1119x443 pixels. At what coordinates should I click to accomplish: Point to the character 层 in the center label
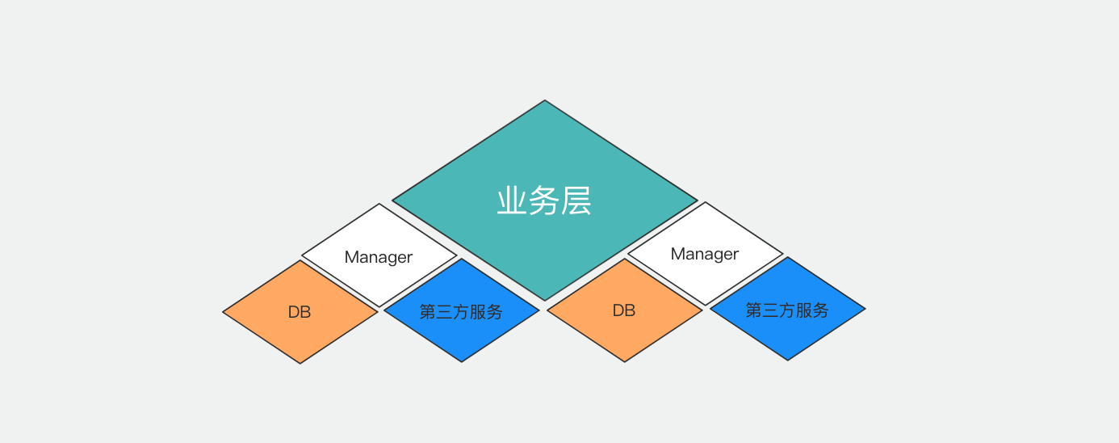pyautogui.click(x=576, y=201)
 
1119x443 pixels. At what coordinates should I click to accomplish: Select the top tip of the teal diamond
pyautogui.click(x=545, y=101)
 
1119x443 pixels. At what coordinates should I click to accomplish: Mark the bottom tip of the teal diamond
pyautogui.click(x=545, y=300)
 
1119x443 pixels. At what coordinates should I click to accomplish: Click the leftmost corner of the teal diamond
pyautogui.click(x=393, y=200)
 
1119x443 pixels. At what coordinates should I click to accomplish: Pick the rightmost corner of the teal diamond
pyautogui.click(x=697, y=200)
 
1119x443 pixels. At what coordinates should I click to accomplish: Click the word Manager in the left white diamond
pyautogui.click(x=379, y=257)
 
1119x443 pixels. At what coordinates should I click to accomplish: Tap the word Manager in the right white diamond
pyautogui.click(x=705, y=254)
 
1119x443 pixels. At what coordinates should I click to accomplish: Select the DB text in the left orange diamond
pyautogui.click(x=300, y=312)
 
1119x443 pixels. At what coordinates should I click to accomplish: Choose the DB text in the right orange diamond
pyautogui.click(x=624, y=310)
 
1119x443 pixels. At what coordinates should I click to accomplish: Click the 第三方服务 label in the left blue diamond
pyautogui.click(x=461, y=311)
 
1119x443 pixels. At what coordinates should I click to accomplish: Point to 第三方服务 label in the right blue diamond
pyautogui.click(x=787, y=310)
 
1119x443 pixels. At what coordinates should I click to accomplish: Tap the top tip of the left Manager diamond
pyautogui.click(x=379, y=205)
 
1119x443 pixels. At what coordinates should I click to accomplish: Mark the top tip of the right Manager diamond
pyautogui.click(x=706, y=203)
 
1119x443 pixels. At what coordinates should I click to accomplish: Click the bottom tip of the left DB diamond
pyautogui.click(x=300, y=363)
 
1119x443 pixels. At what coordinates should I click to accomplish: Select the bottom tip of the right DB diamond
pyautogui.click(x=625, y=361)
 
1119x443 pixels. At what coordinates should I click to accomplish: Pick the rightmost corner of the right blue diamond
pyautogui.click(x=865, y=309)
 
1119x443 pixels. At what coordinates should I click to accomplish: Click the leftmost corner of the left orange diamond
pyautogui.click(x=224, y=312)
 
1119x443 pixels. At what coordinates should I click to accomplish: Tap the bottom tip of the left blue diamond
pyautogui.click(x=462, y=361)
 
